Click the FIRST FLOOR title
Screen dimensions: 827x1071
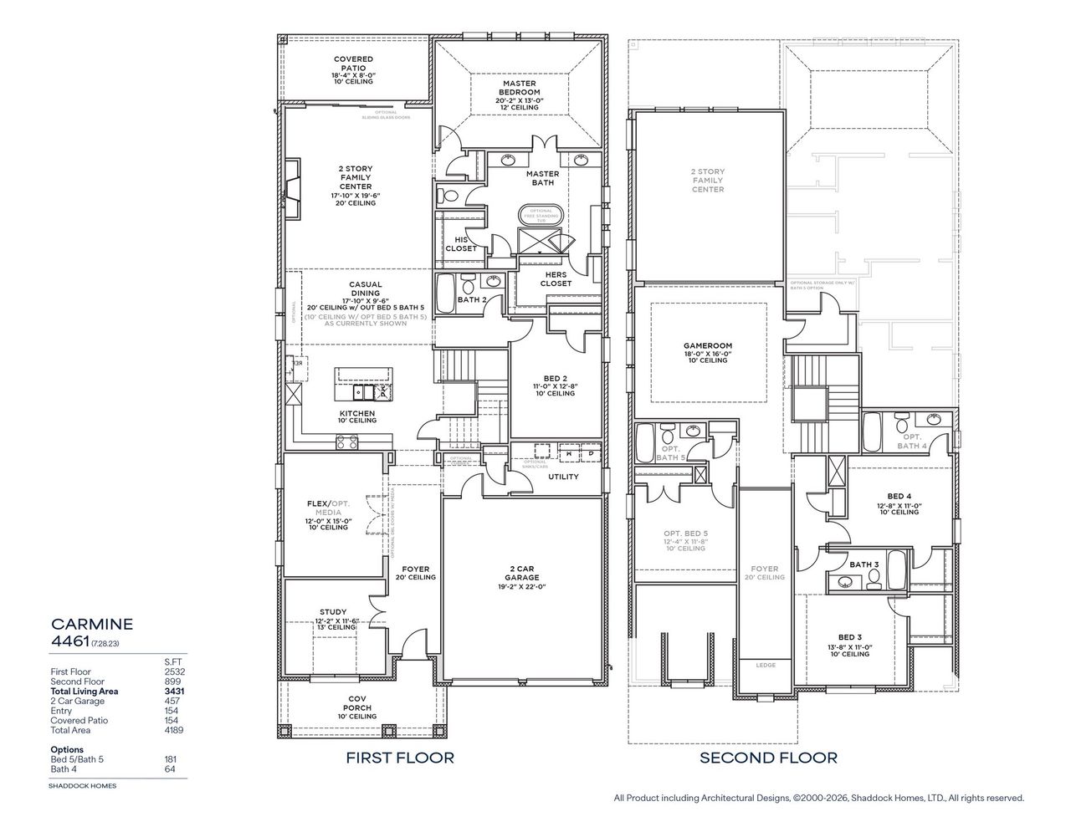400,758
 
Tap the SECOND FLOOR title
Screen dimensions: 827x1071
768,758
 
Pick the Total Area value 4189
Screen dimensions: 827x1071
173,730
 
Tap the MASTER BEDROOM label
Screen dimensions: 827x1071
520,87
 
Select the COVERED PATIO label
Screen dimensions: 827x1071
353,59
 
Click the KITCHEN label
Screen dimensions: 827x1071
356,414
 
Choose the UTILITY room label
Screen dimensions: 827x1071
563,477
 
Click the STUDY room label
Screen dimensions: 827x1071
332,612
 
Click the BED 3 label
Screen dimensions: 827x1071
850,638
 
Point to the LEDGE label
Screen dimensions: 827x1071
765,666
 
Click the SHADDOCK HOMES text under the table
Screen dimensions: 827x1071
84,786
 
